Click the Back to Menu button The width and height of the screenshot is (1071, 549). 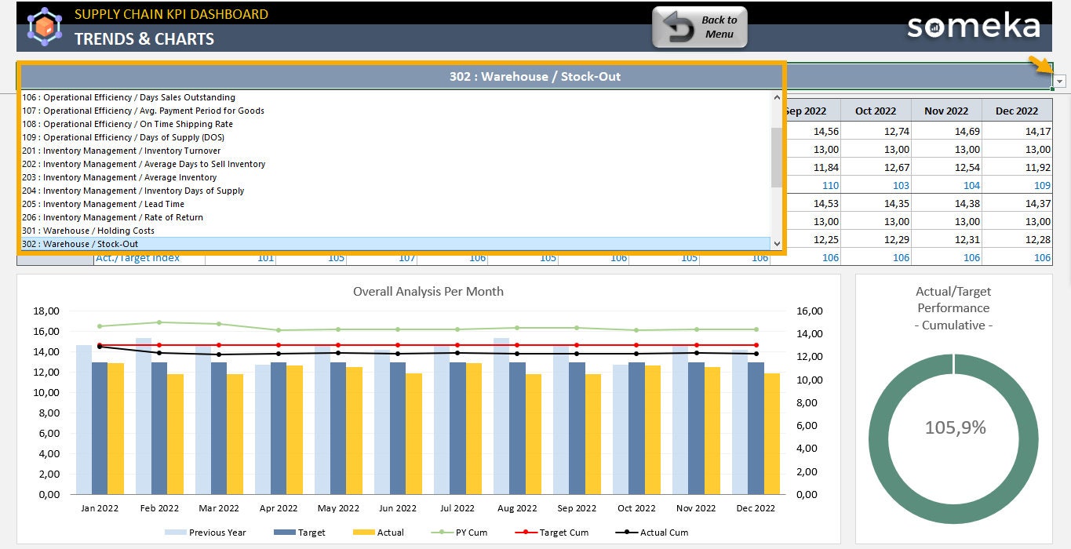coord(700,27)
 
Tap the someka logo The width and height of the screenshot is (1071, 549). coord(973,26)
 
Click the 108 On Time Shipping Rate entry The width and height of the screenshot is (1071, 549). coord(127,124)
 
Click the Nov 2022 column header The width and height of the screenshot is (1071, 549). coord(946,111)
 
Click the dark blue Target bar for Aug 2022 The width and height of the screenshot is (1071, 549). coord(517,428)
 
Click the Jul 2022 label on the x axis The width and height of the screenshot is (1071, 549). coord(457,508)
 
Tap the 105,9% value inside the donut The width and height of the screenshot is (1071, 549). coord(955,427)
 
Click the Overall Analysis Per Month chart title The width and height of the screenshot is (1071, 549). coord(428,292)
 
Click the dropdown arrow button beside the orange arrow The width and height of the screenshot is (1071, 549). coord(1060,82)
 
